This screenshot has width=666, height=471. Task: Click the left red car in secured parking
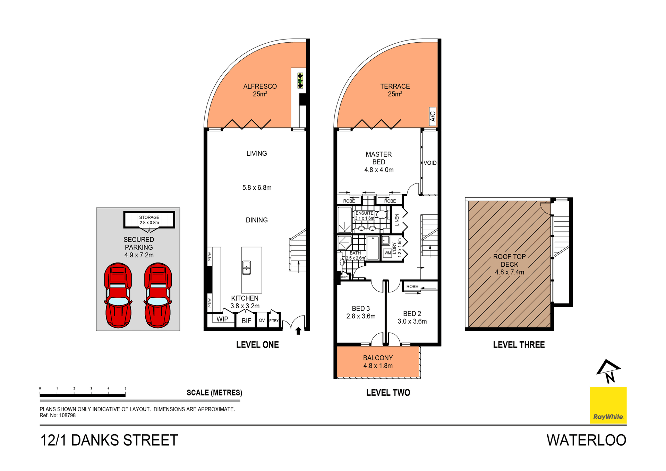point(118,295)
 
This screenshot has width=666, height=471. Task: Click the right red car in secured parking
point(158,295)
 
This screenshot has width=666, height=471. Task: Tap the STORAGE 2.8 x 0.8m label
point(149,220)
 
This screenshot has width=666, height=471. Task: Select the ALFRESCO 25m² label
point(260,90)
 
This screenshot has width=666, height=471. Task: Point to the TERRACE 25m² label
point(395,90)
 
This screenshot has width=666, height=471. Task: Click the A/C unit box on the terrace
point(433,116)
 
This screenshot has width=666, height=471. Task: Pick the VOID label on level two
point(430,163)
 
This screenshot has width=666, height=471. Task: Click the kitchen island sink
point(246,267)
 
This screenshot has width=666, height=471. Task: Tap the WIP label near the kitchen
point(222,319)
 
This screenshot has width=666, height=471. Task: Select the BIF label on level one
point(246,321)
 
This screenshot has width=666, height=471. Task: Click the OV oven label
point(262,320)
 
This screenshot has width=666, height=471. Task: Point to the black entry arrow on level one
point(298,331)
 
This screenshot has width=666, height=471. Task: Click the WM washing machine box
point(387,253)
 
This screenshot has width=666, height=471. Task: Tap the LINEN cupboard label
point(397,220)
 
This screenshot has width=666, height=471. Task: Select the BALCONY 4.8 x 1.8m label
point(378,362)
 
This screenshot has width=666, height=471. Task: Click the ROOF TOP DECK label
point(509,264)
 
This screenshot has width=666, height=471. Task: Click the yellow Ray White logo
point(608,405)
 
